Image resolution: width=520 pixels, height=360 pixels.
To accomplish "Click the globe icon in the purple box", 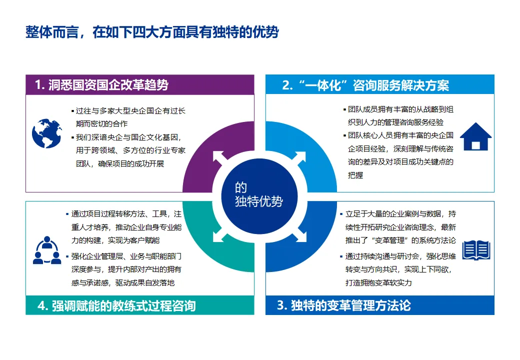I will click(x=46, y=133).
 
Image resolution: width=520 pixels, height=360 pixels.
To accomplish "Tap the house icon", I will click(x=475, y=136).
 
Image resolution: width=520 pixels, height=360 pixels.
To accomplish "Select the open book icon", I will click(x=475, y=250).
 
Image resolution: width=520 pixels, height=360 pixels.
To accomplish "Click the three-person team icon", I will click(x=46, y=250).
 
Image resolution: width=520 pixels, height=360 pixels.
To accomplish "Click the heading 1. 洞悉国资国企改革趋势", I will click(x=101, y=85).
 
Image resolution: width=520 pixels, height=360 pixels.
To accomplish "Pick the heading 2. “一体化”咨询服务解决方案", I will click(x=365, y=85).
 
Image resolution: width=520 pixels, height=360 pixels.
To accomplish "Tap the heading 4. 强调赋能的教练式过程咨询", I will click(x=116, y=305).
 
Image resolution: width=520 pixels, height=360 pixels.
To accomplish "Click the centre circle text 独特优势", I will click(x=258, y=201).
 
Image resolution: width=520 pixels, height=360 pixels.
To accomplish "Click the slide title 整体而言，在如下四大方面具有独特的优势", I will click(x=152, y=32).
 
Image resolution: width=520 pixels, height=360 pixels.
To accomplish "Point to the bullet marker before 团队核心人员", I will click(x=344, y=135).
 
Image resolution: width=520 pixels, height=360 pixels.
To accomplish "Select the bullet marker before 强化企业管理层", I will click(x=67, y=257).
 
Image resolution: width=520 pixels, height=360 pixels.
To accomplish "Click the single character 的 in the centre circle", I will click(x=241, y=187).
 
